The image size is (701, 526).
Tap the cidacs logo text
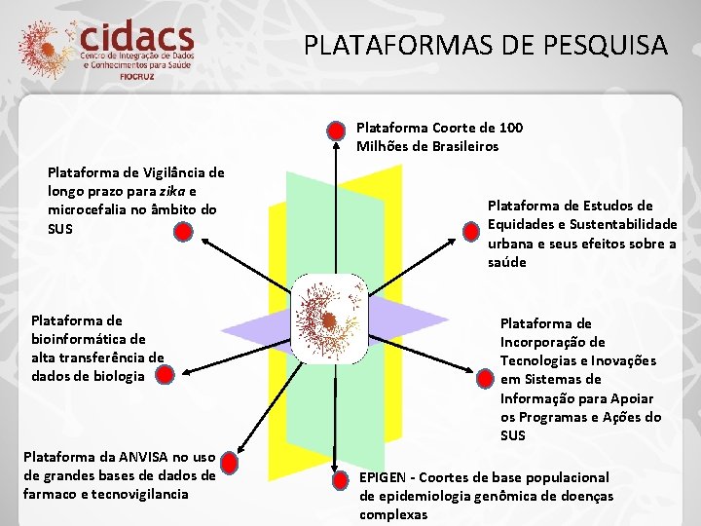pyautogui.click(x=137, y=39)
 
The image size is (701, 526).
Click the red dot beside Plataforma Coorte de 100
pyautogui.click(x=335, y=130)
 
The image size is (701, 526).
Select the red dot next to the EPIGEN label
pyautogui.click(x=336, y=479)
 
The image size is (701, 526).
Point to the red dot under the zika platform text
pyautogui.click(x=181, y=232)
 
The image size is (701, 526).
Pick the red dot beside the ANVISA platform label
pyautogui.click(x=231, y=459)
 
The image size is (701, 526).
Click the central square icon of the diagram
pyautogui.click(x=329, y=319)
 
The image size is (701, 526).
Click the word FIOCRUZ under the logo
pyautogui.click(x=137, y=75)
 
